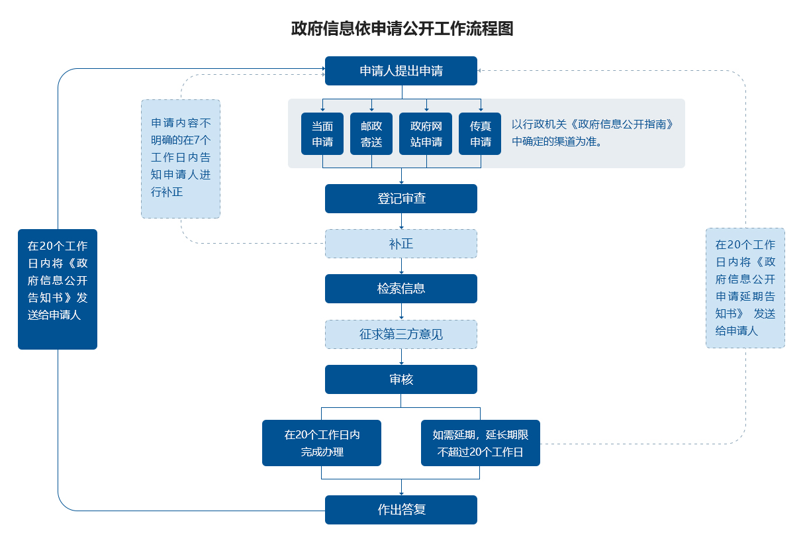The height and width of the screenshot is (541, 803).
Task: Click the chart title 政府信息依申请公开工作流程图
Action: click(x=402, y=28)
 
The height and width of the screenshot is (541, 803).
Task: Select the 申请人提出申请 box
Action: click(x=401, y=71)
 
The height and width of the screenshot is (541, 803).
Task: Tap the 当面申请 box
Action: click(x=322, y=134)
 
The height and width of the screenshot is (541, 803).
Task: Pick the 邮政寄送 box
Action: click(x=371, y=134)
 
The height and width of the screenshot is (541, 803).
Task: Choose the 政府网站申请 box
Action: click(x=426, y=134)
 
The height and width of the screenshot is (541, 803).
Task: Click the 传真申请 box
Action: click(x=480, y=134)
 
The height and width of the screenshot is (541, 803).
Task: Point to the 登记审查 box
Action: click(x=401, y=199)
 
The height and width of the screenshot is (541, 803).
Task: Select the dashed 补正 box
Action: click(x=401, y=244)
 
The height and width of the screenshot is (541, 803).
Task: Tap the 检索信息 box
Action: click(x=401, y=289)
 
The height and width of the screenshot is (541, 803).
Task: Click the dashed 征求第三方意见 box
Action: click(x=401, y=334)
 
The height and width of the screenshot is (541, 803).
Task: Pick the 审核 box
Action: click(x=401, y=379)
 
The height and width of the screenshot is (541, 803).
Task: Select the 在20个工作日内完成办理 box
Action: click(x=322, y=443)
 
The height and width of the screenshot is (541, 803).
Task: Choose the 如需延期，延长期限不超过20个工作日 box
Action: click(x=481, y=443)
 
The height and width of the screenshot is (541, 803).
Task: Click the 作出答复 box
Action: click(x=401, y=510)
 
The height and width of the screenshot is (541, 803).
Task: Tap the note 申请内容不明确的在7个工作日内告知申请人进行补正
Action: click(x=181, y=159)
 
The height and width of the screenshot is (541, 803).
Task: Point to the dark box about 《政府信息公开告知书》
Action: click(x=58, y=289)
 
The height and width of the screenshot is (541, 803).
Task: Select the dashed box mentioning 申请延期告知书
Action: click(x=745, y=288)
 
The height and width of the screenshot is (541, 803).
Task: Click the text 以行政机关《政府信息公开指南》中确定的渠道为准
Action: click(x=592, y=132)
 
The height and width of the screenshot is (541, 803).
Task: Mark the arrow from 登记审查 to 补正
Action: click(x=401, y=221)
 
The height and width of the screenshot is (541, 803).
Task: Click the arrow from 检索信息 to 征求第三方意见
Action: click(x=401, y=311)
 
